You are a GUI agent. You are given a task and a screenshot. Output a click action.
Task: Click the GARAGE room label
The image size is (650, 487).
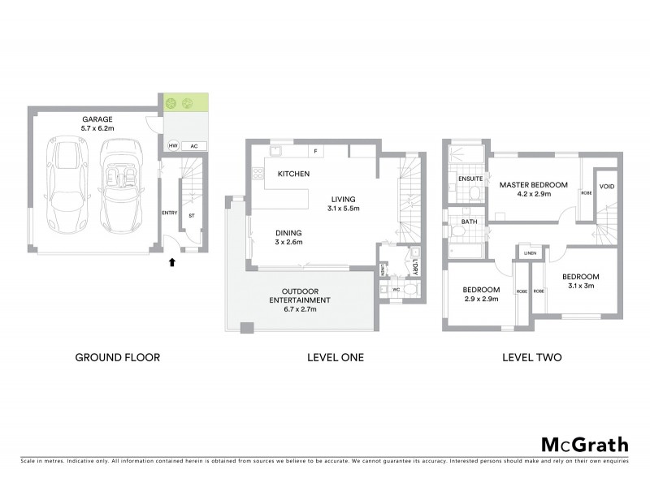pos(96,119)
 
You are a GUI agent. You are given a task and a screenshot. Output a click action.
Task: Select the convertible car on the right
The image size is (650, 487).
pos(119,185)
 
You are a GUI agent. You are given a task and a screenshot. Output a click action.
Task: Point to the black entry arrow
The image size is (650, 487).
pos(171,261)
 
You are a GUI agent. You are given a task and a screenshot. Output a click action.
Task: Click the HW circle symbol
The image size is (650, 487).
pos(171,146)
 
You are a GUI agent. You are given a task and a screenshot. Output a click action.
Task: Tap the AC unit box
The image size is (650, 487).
pos(193,146)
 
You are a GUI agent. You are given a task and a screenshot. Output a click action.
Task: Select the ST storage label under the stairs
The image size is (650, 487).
pos(192,216)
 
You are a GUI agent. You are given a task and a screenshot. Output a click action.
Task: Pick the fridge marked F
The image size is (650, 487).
pos(314,151)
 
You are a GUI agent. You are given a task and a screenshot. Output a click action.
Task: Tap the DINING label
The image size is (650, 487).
pos(288,232)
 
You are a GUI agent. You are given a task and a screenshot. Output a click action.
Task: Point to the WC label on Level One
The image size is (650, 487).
pos(397,288)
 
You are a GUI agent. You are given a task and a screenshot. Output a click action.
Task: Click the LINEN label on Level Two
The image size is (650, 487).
pos(530,253)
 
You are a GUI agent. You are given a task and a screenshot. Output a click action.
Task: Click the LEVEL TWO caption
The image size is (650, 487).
pos(532,357)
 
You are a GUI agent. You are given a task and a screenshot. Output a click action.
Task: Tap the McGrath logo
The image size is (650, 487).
pos(584,444)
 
